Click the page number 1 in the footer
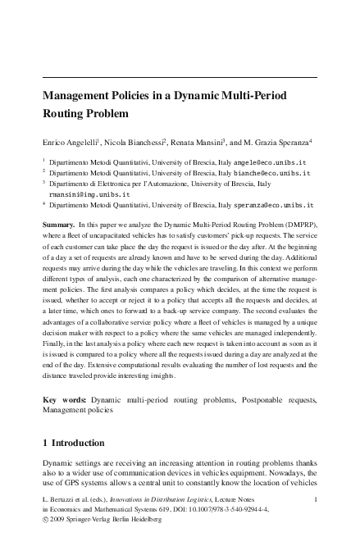(x=315, y=498)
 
